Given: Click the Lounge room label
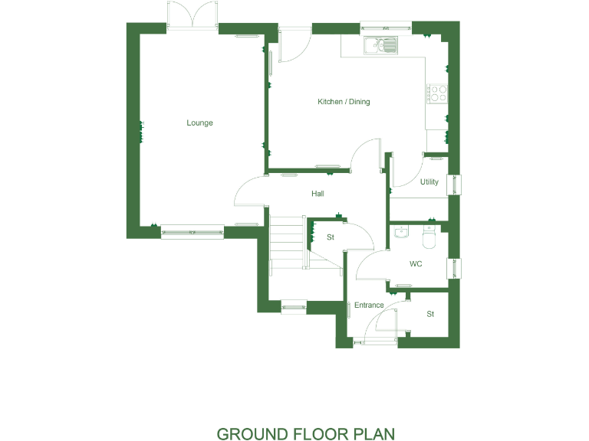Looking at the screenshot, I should click(199, 122).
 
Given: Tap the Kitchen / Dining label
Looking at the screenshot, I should click(344, 102).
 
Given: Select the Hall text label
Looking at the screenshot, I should click(318, 194).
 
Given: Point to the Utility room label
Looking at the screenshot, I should click(429, 182).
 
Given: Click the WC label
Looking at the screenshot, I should click(416, 264).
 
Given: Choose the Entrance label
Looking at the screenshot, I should click(369, 305).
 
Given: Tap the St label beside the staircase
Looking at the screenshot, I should click(331, 237).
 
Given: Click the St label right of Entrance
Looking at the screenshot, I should click(430, 314).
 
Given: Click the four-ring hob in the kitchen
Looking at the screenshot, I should click(438, 93).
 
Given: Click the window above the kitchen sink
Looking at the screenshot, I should click(387, 29).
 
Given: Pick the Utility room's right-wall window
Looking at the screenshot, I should click(459, 185).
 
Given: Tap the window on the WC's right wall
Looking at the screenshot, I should click(459, 268).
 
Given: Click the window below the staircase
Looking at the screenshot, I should click(294, 308).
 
